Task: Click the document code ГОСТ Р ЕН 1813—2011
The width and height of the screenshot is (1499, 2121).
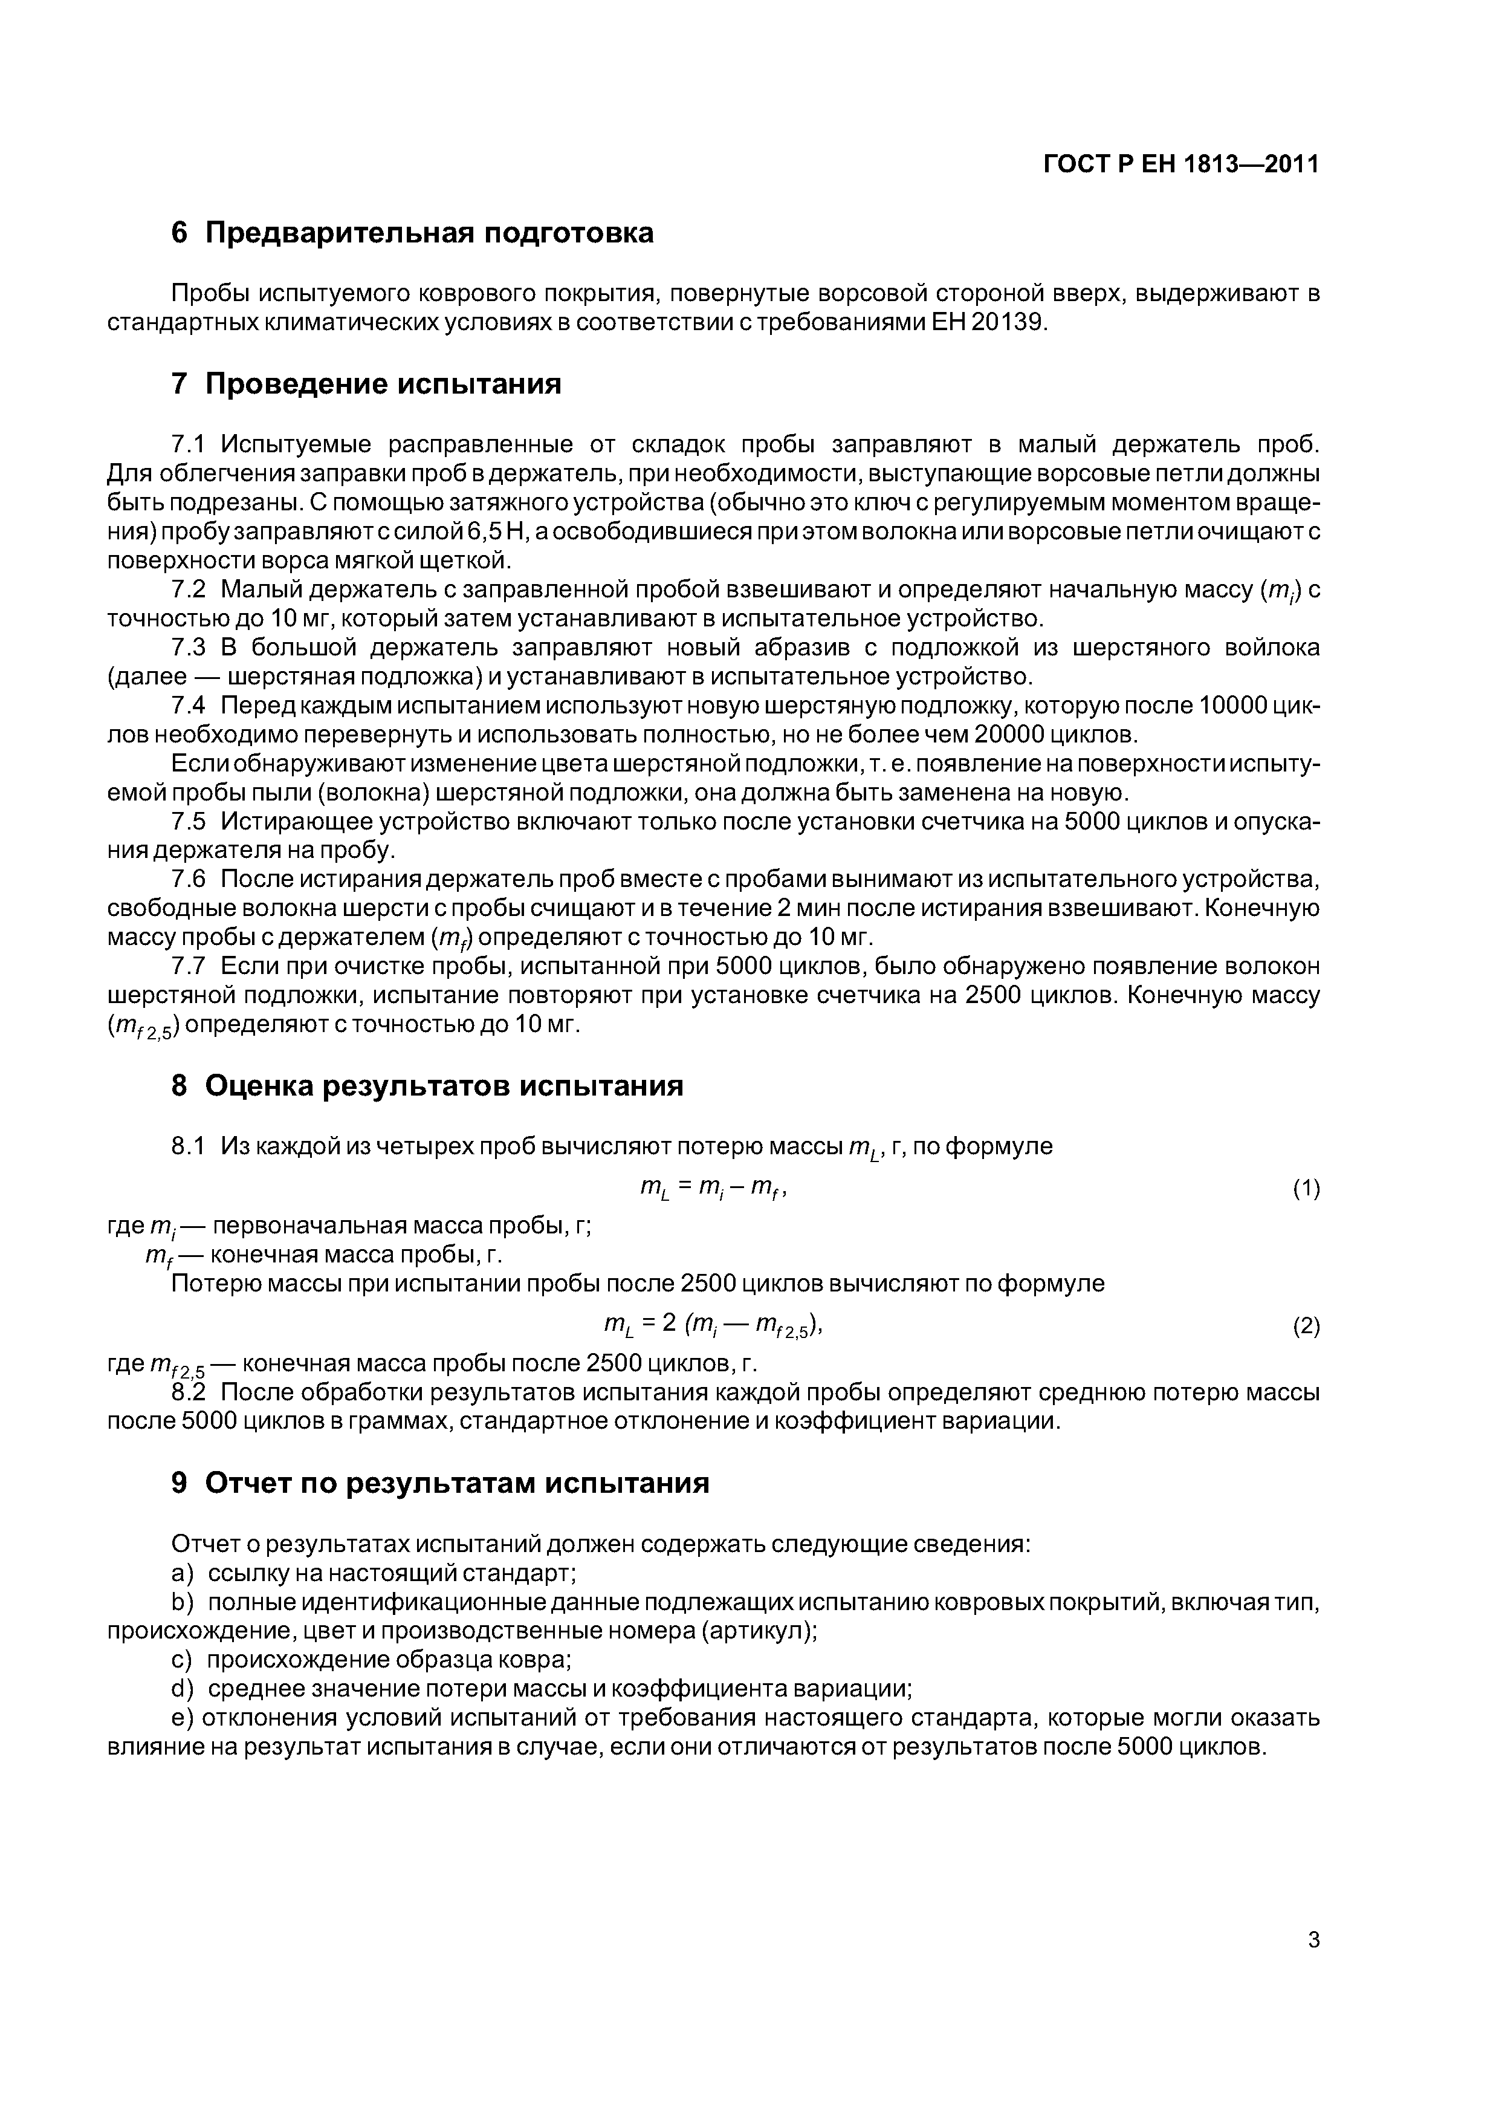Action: tap(1180, 164)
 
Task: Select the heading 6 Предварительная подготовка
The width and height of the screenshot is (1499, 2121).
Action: tap(413, 233)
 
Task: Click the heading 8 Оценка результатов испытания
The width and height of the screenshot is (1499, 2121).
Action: tap(427, 1085)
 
